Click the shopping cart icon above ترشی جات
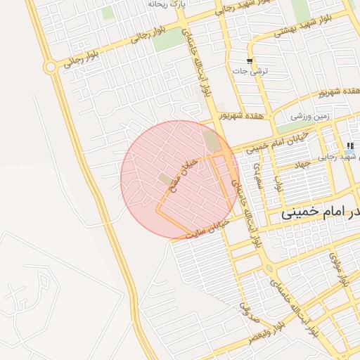pos(250,60)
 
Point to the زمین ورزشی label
pos(311,115)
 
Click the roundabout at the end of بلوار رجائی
pos(50,67)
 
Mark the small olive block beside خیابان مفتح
pos(165,179)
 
